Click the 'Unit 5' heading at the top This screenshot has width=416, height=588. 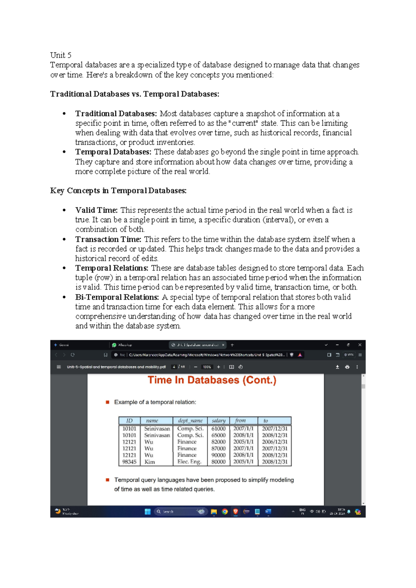pyautogui.click(x=61, y=55)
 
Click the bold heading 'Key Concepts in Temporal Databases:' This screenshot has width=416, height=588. pyautogui.click(x=118, y=191)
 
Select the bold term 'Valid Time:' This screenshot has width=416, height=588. pyautogui.click(x=96, y=210)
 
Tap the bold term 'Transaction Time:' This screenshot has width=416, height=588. pyautogui.click(x=108, y=239)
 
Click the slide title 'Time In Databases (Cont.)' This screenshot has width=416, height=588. pyautogui.click(x=212, y=380)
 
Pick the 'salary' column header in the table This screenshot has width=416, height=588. pyautogui.click(x=218, y=421)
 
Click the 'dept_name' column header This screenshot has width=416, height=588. pyautogui.click(x=190, y=421)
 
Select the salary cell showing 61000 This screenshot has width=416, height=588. pyautogui.click(x=218, y=429)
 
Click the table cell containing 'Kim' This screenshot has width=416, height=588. pyautogui.click(x=150, y=462)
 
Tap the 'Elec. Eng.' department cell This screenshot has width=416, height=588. pyautogui.click(x=189, y=462)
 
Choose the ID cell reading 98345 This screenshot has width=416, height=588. pyautogui.click(x=129, y=462)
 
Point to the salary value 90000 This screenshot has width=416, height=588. pyautogui.click(x=218, y=455)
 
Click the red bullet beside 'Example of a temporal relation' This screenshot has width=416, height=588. pyautogui.click(x=107, y=402)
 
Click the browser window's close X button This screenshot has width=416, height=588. pyautogui.click(x=360, y=345)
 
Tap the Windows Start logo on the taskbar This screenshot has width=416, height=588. pyautogui.click(x=148, y=511)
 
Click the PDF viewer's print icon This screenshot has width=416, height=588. pyautogui.click(x=347, y=367)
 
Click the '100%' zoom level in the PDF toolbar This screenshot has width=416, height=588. pyautogui.click(x=207, y=367)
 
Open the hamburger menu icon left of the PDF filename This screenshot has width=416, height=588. pyautogui.click(x=59, y=367)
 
